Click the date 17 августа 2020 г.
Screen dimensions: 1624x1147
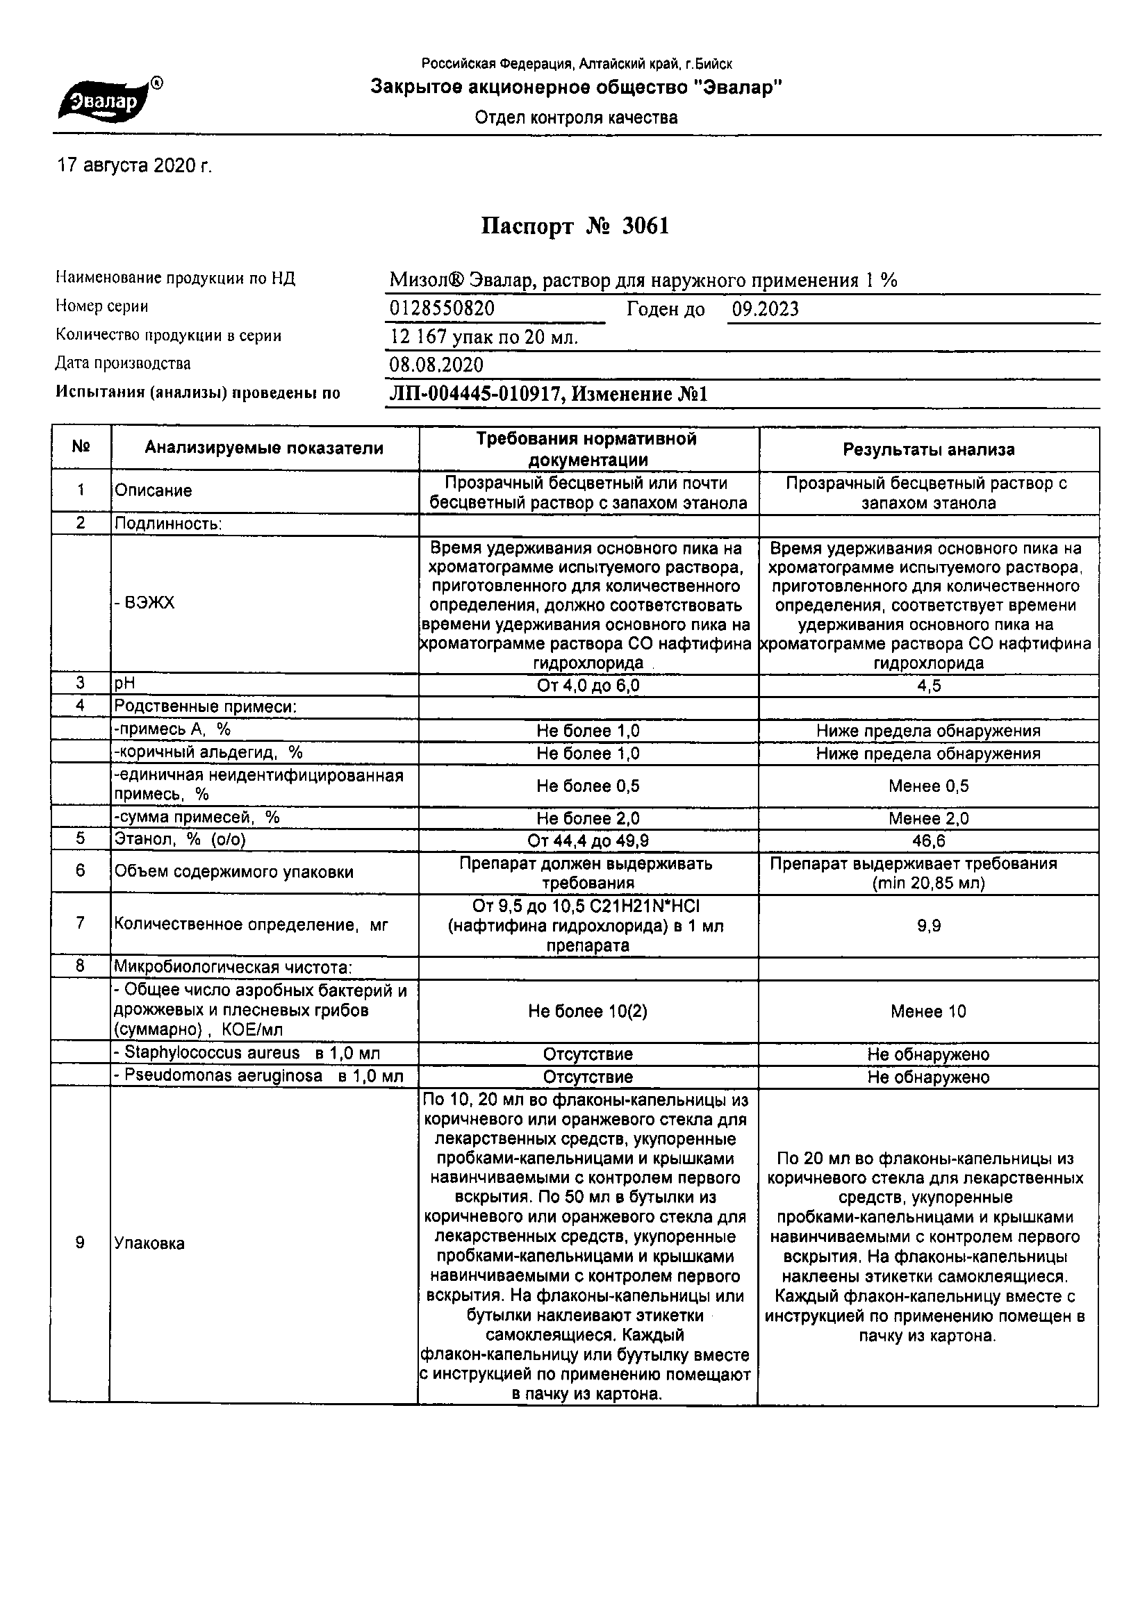[135, 166]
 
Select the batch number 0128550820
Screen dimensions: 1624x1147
[443, 309]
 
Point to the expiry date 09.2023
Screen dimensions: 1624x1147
[765, 309]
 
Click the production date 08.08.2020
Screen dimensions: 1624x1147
[436, 365]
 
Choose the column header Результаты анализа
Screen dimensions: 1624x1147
[928, 449]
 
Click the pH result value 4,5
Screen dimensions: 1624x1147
[928, 686]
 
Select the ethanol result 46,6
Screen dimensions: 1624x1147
[928, 841]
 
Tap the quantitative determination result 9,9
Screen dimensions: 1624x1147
[928, 926]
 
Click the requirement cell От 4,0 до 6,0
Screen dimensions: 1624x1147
[588, 686]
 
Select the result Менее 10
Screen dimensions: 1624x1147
[928, 1011]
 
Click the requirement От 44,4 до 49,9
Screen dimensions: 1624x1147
[588, 841]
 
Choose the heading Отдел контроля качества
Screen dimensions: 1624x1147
[576, 117]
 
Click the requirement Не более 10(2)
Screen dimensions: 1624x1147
[588, 1011]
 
